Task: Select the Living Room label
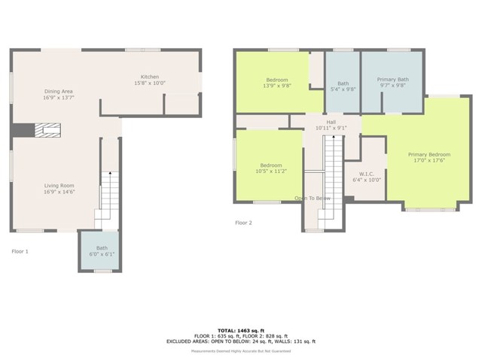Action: [58, 188]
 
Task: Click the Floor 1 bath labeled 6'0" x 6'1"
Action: [102, 251]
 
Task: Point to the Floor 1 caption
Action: [20, 251]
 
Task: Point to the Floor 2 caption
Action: [243, 223]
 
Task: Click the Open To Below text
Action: [312, 199]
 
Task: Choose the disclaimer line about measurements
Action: [241, 350]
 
